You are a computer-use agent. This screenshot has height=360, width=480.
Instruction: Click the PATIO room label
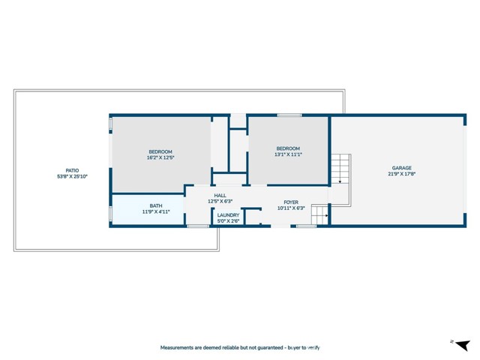[72, 170]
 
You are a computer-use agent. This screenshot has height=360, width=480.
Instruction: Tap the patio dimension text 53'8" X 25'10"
[72, 177]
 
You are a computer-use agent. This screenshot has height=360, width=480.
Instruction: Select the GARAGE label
[401, 168]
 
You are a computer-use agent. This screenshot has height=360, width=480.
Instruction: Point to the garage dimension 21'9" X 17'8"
[401, 175]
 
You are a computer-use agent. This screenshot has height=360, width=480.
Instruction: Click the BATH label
[156, 205]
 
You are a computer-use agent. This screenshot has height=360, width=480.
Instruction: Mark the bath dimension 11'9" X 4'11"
[156, 212]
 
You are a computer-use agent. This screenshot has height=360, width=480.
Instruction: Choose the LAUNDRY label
[229, 214]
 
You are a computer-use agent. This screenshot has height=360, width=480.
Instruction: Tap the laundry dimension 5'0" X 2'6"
[229, 220]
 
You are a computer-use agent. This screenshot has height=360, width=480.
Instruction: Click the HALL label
[220, 195]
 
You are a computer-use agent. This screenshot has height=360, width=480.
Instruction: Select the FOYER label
[291, 202]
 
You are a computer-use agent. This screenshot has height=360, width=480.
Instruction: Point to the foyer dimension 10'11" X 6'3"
[291, 208]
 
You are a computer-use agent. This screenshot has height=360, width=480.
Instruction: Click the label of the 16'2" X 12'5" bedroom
[160, 151]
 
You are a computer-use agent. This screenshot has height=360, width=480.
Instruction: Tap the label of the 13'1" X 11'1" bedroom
[288, 148]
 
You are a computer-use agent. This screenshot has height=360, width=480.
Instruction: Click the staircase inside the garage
[341, 168]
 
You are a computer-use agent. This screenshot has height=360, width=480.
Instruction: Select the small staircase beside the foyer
[319, 216]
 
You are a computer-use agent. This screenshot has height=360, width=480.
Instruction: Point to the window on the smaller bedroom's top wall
[289, 115]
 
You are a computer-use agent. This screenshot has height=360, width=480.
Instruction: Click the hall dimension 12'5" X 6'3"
[220, 201]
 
